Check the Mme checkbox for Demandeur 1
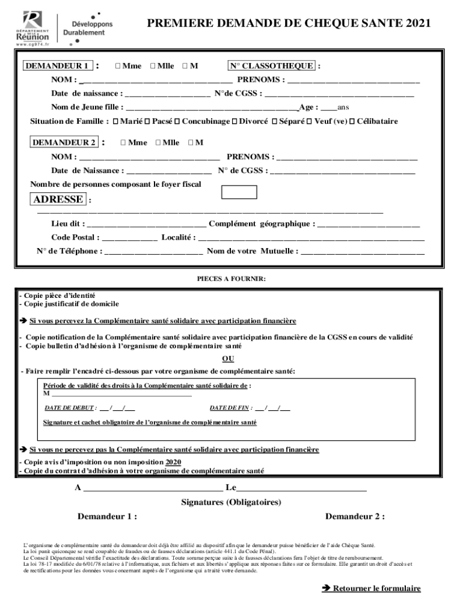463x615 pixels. coord(117,65)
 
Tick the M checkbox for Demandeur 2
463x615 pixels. coord(191,142)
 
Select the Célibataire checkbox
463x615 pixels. coord(352,121)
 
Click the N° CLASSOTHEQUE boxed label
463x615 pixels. coord(271,65)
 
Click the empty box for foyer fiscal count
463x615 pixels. coord(239,192)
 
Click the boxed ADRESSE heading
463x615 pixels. coord(58,199)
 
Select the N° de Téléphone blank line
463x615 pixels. coord(153,252)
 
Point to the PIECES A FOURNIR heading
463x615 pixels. coord(231,279)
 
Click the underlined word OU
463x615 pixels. coord(228,359)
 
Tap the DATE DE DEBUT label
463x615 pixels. coord(70,408)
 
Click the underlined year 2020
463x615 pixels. coord(173,462)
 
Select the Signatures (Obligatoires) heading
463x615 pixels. coord(231,502)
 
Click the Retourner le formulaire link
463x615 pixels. coord(377,589)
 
